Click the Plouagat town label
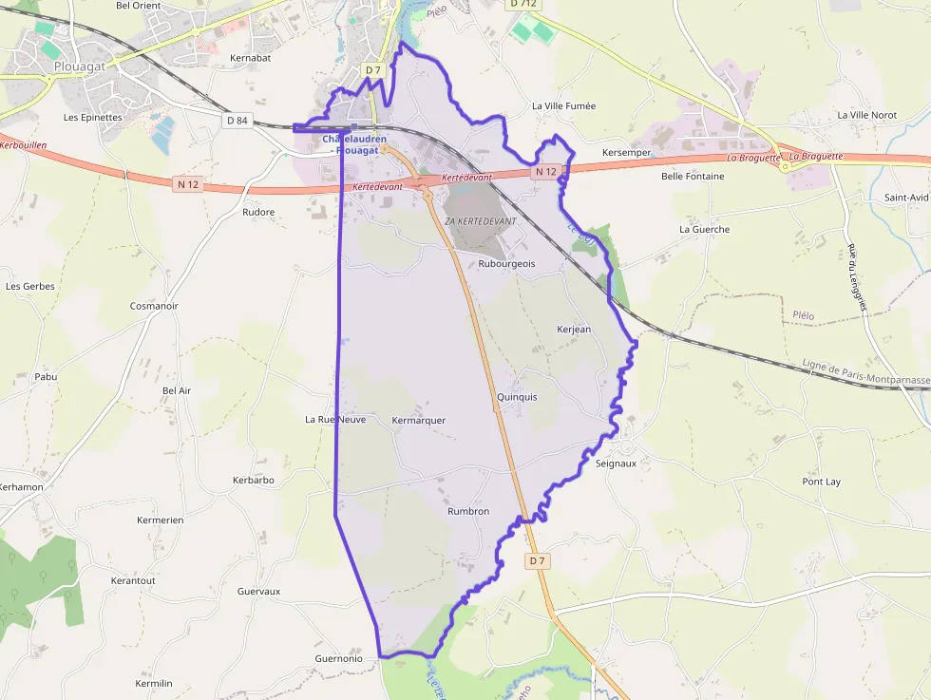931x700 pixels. pyautogui.click(x=79, y=66)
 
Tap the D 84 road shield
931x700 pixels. pyautogui.click(x=237, y=120)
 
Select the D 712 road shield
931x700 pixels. pyautogui.click(x=523, y=4)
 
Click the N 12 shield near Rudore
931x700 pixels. pyautogui.click(x=188, y=184)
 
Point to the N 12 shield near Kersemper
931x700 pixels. pyautogui.click(x=544, y=172)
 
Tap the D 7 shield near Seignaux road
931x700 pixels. pyautogui.click(x=537, y=561)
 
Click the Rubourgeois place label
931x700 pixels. pyautogui.click(x=506, y=264)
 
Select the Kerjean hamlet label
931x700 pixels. pyautogui.click(x=574, y=330)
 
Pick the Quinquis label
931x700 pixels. pyautogui.click(x=517, y=397)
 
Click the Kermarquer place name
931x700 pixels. pyautogui.click(x=418, y=420)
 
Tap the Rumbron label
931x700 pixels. pyautogui.click(x=467, y=511)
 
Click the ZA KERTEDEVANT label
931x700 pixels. pyautogui.click(x=480, y=221)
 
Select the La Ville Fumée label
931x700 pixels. pyautogui.click(x=563, y=105)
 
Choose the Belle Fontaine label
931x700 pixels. pyautogui.click(x=692, y=177)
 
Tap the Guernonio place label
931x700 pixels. pyautogui.click(x=338, y=658)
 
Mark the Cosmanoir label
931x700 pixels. pyautogui.click(x=154, y=306)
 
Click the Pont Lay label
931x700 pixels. pyautogui.click(x=821, y=482)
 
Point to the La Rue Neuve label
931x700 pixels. pyautogui.click(x=334, y=419)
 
